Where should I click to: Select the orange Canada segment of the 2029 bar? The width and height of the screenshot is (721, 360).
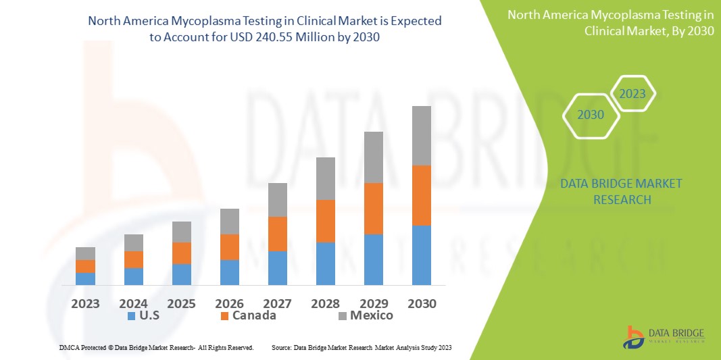pos(374,209)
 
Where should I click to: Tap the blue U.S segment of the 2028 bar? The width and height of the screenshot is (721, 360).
pos(326,263)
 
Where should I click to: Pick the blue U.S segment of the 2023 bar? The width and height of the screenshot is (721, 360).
pos(85,278)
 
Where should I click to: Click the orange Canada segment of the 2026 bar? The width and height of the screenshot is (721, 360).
pos(230,247)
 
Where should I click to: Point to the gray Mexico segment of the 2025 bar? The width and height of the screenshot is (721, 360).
pos(182,232)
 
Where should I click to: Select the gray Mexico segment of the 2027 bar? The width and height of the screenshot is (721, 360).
pos(278,200)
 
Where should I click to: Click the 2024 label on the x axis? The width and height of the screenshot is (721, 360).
pos(134,303)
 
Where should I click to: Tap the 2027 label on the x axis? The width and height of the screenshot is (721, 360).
pos(278,303)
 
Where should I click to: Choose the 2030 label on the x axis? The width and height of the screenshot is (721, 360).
pos(422,303)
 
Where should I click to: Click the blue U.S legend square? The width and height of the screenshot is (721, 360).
pos(130,316)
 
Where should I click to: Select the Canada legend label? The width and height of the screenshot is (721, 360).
pos(254,315)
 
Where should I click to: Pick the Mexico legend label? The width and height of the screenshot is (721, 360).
pos(371,315)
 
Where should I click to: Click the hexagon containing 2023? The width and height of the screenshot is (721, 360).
pos(632,94)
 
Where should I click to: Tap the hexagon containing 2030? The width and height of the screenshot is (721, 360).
pos(591,115)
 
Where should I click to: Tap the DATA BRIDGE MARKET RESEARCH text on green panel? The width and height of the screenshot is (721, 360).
pos(622,191)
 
